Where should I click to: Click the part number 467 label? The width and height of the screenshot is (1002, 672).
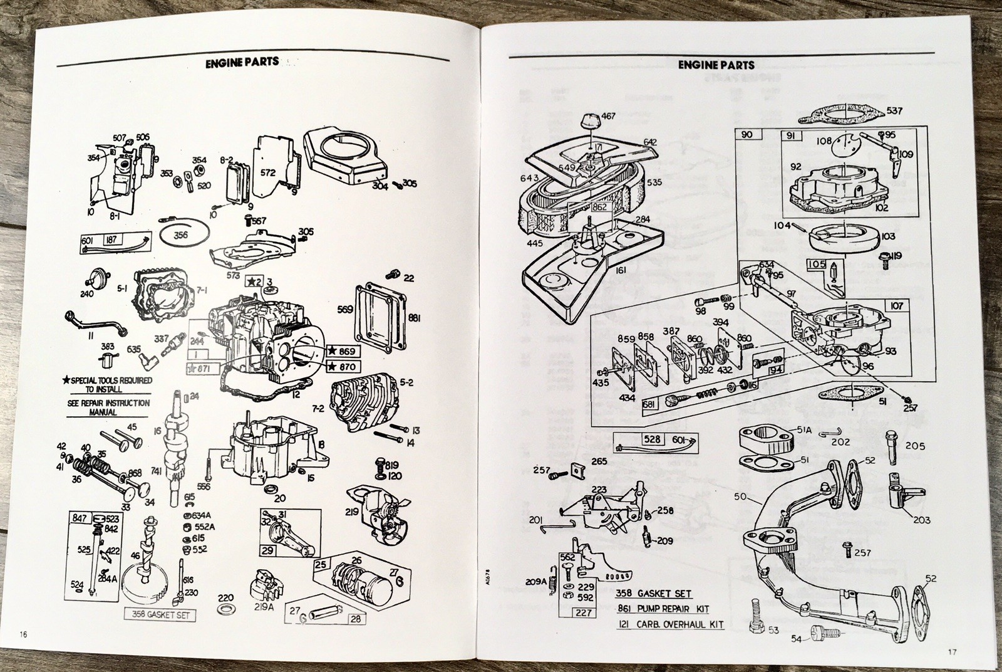point(608,116)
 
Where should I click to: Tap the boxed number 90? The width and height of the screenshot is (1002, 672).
point(746,134)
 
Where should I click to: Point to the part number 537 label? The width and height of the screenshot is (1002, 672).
point(895,111)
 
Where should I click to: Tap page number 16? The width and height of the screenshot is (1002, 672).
point(24,634)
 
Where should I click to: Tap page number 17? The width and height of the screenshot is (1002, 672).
point(952,653)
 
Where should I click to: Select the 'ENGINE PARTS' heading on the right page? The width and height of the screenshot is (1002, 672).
point(716,65)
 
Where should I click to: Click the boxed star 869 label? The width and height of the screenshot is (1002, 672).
point(342,352)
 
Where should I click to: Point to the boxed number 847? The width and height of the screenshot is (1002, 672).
point(78,518)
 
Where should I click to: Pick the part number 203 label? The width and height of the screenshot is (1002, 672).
point(921,520)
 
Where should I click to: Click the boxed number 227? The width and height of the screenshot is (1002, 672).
point(584,612)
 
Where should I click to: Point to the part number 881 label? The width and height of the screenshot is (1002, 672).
point(414,318)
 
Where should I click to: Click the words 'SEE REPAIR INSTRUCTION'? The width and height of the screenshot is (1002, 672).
point(108,402)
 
